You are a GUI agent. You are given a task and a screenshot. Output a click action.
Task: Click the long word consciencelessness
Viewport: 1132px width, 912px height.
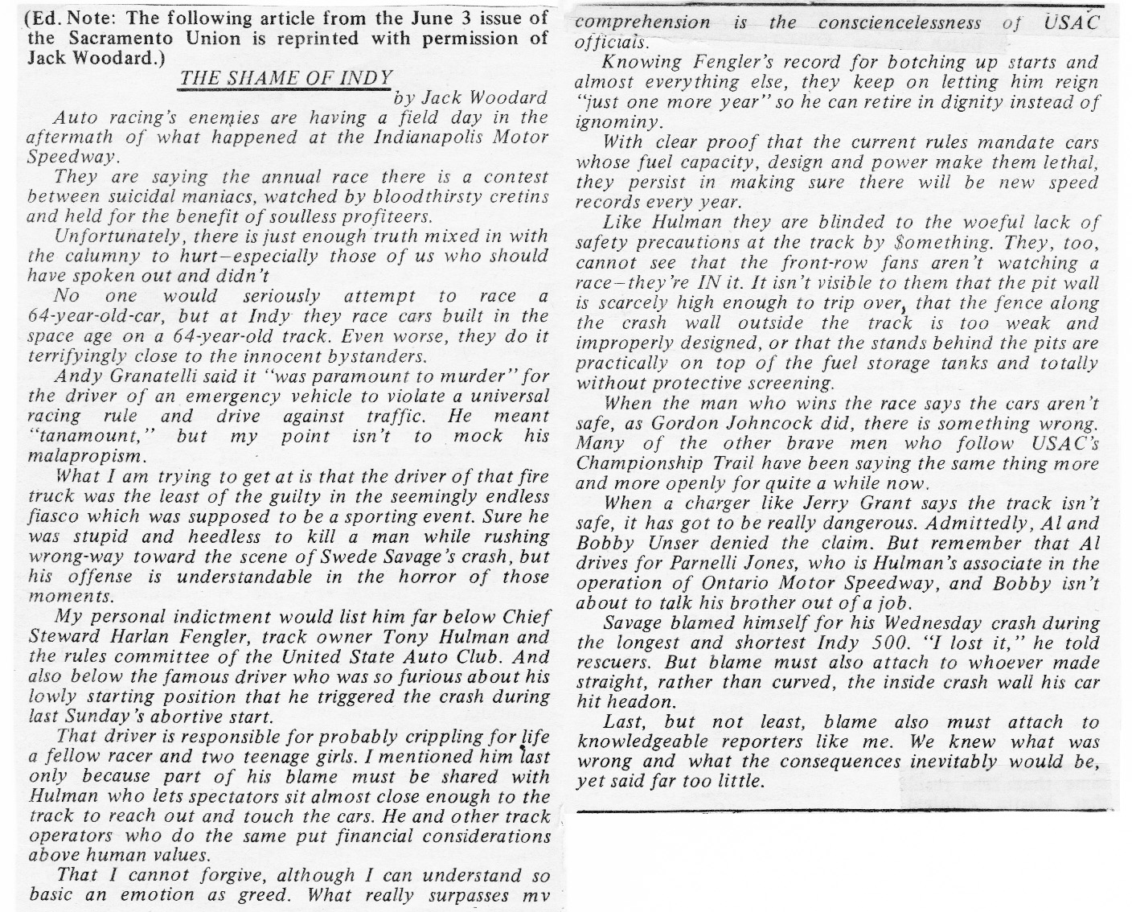point(900,23)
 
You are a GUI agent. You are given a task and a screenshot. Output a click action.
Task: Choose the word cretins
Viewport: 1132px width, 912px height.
point(520,197)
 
